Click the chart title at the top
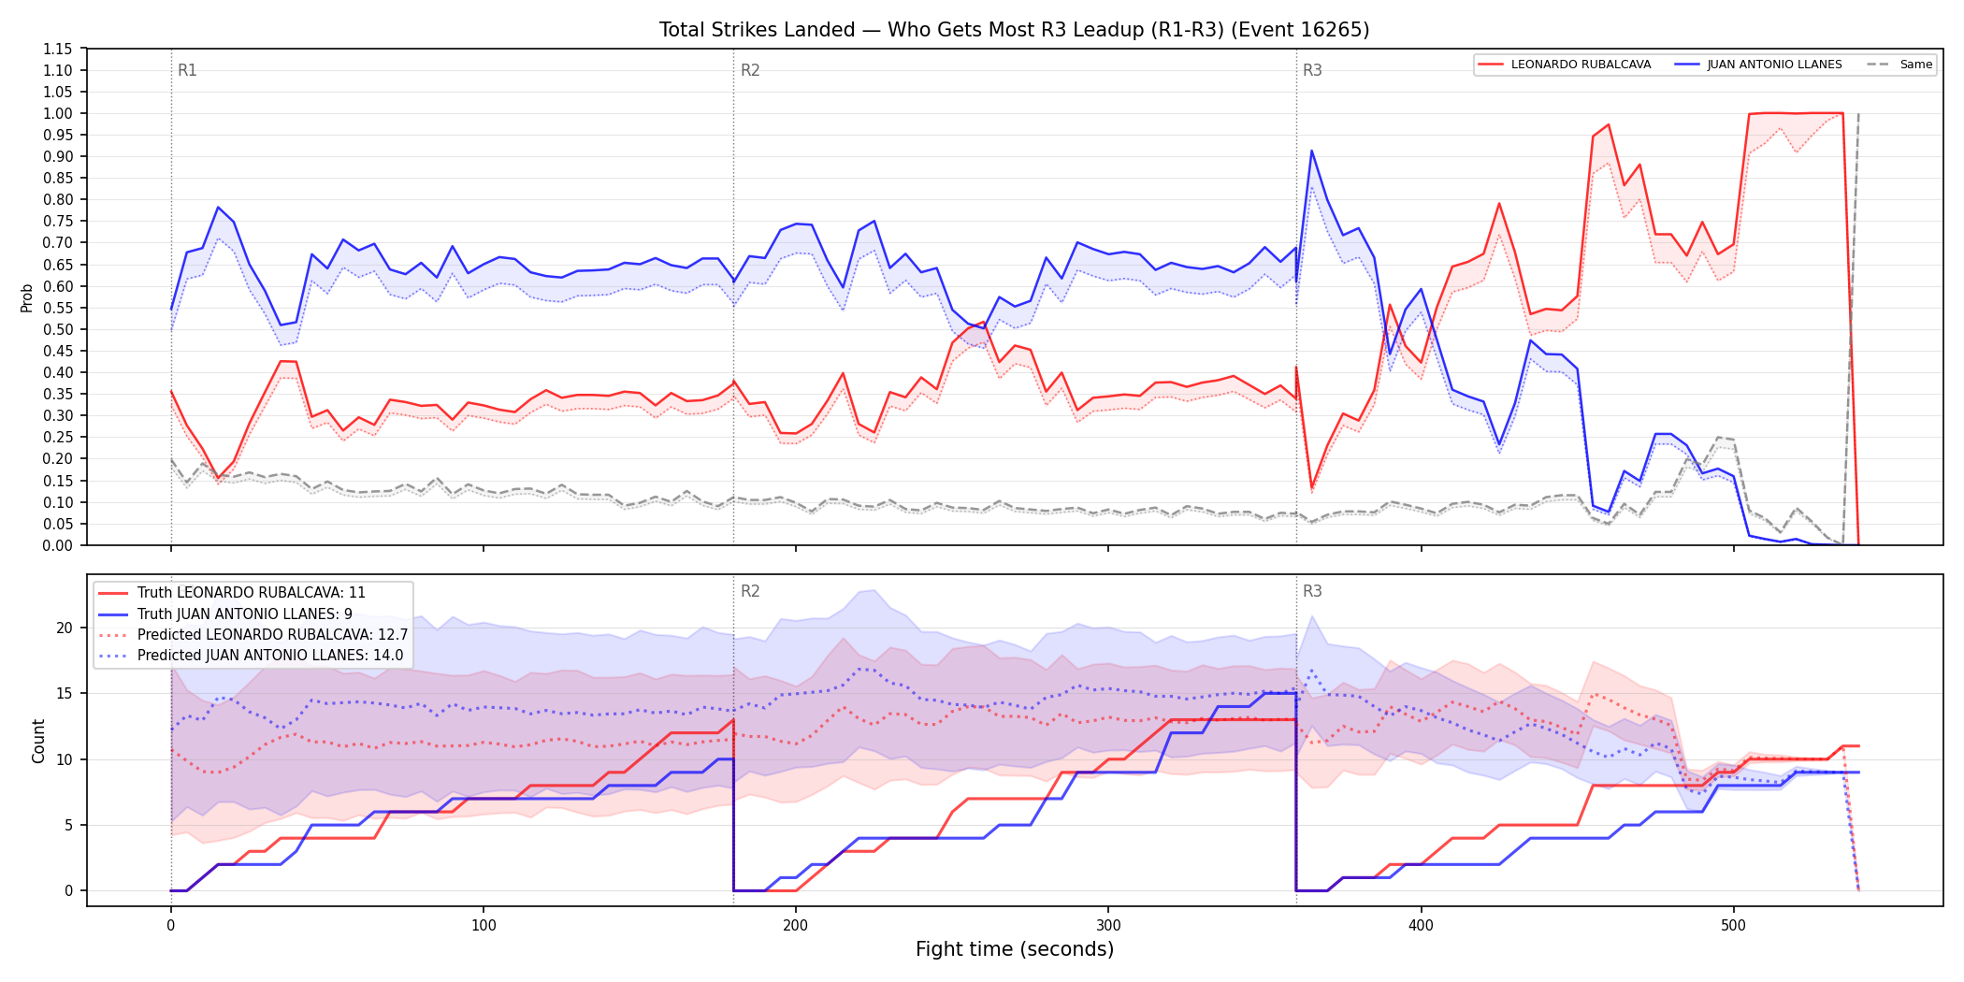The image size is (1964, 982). click(1014, 30)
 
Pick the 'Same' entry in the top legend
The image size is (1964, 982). click(1899, 65)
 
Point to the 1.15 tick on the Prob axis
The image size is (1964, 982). click(58, 49)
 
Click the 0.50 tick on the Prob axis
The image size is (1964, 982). click(58, 329)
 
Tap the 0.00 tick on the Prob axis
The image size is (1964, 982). click(58, 545)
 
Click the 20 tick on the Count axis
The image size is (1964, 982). click(65, 628)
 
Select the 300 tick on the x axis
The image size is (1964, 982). click(1108, 926)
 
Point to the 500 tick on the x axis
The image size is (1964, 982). click(1733, 926)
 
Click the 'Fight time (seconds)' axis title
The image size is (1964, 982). click(1015, 949)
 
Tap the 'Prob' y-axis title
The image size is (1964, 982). click(27, 297)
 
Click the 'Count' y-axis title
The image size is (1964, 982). click(38, 741)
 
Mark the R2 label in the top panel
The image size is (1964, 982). click(750, 70)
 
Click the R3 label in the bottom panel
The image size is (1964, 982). click(1312, 591)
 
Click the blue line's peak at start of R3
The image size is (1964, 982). click(1312, 151)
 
